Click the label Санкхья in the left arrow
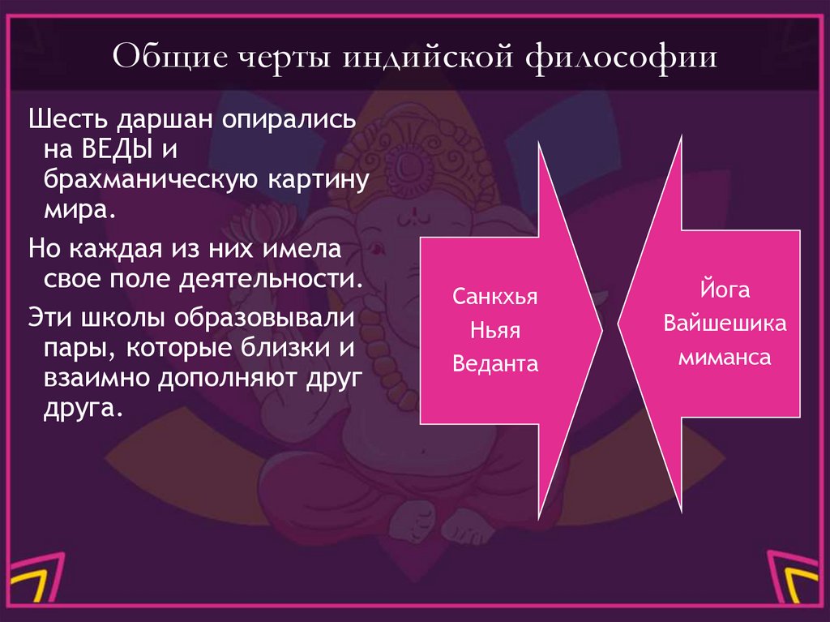(x=495, y=296)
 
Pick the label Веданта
(x=495, y=363)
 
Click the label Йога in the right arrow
(x=725, y=290)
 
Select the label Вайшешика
(x=725, y=324)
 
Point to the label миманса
(x=725, y=357)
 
